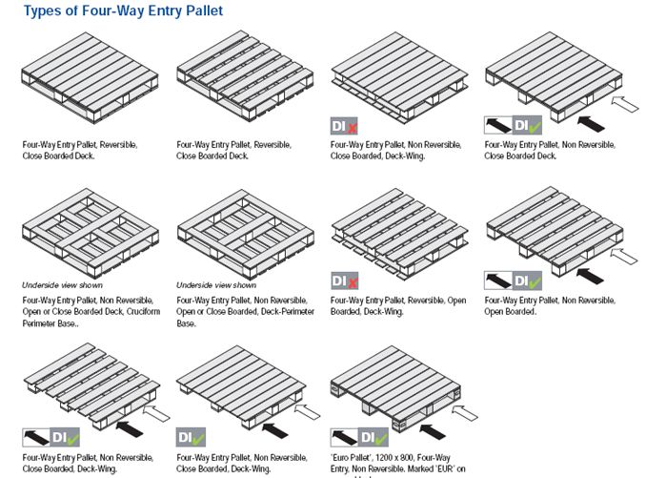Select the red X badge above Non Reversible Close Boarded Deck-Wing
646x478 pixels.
tap(353, 125)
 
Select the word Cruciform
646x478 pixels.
tap(134, 311)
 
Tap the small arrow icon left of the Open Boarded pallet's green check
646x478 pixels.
tap(497, 281)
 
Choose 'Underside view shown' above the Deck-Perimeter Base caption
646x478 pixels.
tap(216, 285)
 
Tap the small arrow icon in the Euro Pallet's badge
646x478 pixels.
tap(343, 438)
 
